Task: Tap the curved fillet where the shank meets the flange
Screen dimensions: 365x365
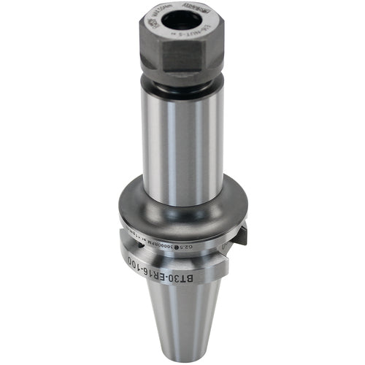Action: pos(182,201)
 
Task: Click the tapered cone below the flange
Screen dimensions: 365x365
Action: pos(182,314)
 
